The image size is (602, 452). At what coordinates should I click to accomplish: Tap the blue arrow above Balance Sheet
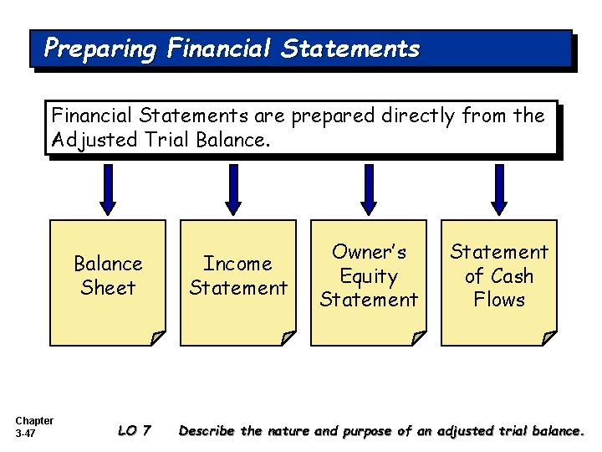108,188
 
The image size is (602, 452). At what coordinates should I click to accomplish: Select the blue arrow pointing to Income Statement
234,188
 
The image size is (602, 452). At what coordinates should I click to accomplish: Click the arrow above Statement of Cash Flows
498,188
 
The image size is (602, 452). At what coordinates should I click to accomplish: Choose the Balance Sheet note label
108,275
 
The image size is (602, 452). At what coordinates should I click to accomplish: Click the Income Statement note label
238,275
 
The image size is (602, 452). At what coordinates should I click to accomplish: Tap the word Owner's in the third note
369,252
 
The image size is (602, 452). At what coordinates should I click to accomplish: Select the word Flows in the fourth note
499,300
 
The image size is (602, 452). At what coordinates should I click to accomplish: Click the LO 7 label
134,431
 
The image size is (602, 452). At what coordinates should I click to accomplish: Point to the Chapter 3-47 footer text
34,427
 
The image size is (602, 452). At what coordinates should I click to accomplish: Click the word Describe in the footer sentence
207,431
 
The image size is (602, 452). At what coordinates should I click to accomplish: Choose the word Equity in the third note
369,275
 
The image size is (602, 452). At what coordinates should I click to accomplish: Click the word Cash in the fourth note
512,275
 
